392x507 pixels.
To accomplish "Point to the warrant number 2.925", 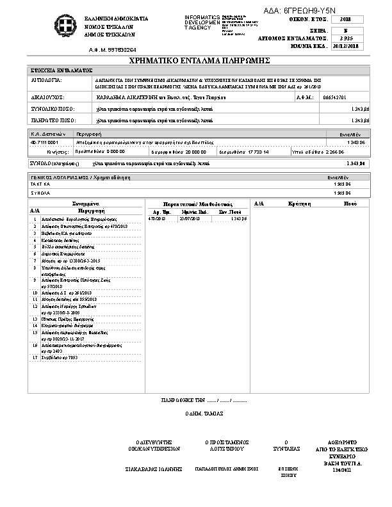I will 347,38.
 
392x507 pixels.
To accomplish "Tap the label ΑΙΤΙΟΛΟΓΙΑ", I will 46,81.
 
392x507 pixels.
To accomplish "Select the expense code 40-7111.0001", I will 45,141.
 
